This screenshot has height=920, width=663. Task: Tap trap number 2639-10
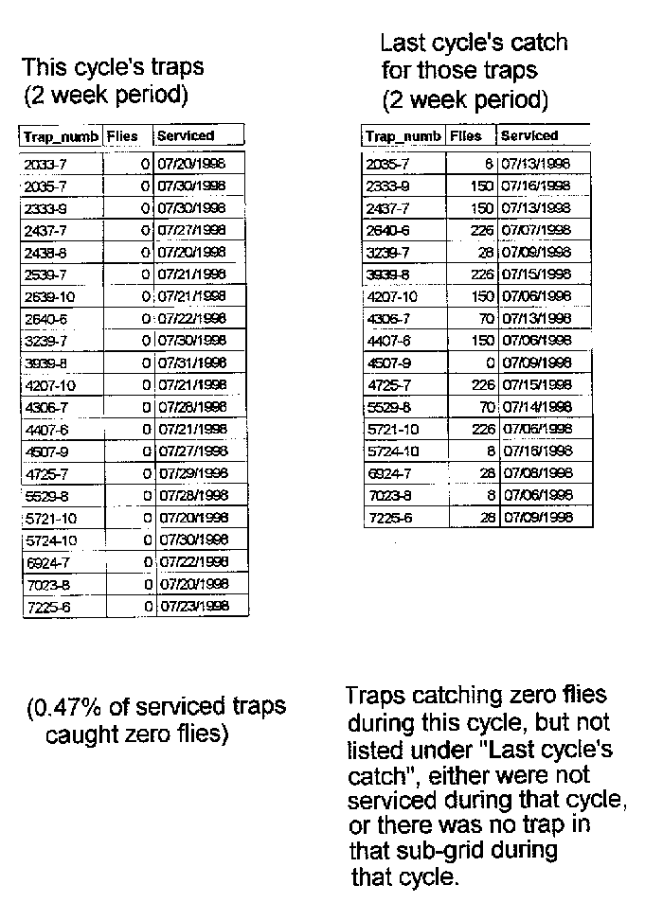(45, 297)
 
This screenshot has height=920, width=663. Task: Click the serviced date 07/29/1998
(192, 473)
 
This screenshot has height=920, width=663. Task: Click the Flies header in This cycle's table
(123, 136)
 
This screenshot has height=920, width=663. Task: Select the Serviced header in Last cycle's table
(529, 136)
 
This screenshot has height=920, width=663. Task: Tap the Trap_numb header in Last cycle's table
(403, 136)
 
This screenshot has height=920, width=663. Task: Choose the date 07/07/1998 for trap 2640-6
(536, 230)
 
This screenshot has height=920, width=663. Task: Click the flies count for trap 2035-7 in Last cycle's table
(489, 164)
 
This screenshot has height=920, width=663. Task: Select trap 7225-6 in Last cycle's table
(385, 518)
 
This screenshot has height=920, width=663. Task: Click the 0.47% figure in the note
(65, 707)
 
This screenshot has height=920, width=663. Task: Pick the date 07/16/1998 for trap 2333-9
(536, 186)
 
